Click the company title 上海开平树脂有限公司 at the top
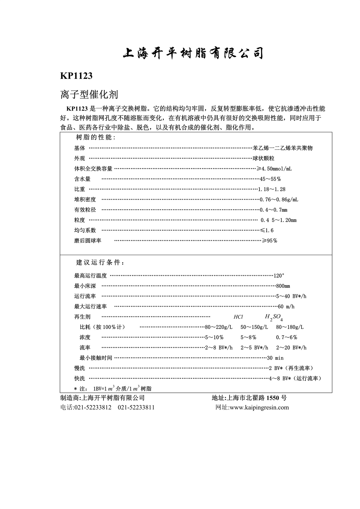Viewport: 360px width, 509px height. click(193, 53)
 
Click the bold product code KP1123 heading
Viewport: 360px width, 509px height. click(76, 76)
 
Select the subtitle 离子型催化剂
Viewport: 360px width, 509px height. click(89, 95)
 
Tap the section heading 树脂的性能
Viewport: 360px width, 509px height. click(95, 137)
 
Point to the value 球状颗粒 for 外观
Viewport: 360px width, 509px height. click(264, 158)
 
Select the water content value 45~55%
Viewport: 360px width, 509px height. click(270, 179)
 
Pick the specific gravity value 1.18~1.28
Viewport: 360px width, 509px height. click(272, 189)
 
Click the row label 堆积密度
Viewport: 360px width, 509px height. click(85, 200)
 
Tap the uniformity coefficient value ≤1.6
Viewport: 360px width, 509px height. click(267, 230)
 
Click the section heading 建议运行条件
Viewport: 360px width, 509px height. click(100, 263)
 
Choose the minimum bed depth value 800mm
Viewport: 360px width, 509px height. click(283, 286)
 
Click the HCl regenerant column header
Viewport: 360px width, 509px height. click(238, 317)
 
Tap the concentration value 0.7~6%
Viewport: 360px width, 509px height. click(286, 337)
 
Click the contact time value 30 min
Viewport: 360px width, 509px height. click(275, 358)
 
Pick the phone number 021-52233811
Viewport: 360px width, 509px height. click(136, 408)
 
